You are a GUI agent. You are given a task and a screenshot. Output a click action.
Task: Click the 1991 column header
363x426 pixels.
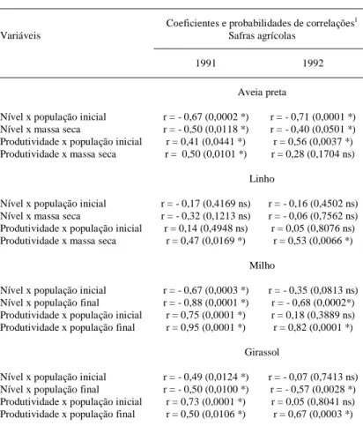[205, 64]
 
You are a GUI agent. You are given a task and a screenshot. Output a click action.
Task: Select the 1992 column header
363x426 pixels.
[313, 64]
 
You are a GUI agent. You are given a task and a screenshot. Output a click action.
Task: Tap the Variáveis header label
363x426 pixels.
[20, 35]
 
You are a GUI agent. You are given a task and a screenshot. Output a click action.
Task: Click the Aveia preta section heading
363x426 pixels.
[262, 93]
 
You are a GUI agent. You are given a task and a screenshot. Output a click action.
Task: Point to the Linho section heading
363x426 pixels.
[262, 179]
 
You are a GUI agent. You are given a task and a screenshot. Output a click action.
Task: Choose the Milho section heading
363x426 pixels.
[262, 265]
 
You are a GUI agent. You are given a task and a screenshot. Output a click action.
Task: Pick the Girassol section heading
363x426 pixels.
[262, 352]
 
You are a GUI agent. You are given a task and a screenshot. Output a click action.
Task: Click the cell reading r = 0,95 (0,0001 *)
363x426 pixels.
[205, 327]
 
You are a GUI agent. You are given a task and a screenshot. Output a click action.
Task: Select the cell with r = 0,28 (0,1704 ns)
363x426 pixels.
[313, 154]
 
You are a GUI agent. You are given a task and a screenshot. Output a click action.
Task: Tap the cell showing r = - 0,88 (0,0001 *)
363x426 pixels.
[206, 303]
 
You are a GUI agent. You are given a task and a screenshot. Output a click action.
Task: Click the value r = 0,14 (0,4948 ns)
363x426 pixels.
[206, 228]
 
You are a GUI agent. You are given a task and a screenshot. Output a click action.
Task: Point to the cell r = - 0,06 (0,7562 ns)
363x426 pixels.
[313, 216]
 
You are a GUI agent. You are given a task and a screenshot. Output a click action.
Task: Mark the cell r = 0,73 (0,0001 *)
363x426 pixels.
[205, 401]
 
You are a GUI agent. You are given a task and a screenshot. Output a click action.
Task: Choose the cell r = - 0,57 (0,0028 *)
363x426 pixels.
[313, 389]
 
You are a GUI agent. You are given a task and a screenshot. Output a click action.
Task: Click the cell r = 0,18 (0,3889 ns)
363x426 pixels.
[313, 315]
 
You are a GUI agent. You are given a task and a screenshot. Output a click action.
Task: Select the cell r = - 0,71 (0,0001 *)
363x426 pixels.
[313, 117]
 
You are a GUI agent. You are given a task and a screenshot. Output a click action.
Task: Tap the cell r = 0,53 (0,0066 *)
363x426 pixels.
[313, 241]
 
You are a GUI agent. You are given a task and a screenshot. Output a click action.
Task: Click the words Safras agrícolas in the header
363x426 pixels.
[262, 36]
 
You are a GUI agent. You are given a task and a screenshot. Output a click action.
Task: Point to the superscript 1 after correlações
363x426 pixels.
[355, 20]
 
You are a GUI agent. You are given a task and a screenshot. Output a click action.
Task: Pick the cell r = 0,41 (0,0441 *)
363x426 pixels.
[205, 142]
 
